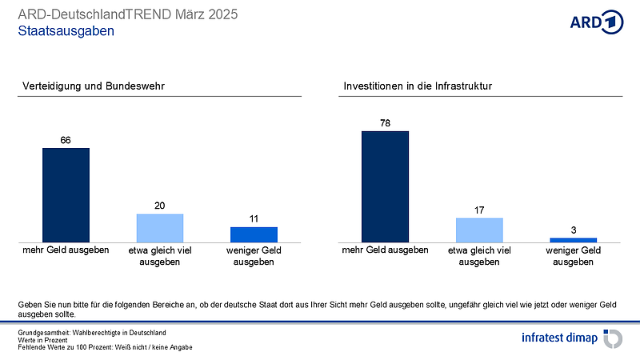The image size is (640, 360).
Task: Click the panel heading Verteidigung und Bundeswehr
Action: click(x=93, y=86)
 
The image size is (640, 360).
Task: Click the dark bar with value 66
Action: click(x=66, y=194)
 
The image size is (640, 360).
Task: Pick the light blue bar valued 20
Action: click(x=160, y=227)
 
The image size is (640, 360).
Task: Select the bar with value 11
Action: click(x=254, y=234)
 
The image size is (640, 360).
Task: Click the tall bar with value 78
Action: click(x=385, y=186)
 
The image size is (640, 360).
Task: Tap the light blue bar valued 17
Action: click(x=479, y=230)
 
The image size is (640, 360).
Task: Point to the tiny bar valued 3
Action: click(x=573, y=239)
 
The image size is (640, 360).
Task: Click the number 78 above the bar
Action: click(x=385, y=123)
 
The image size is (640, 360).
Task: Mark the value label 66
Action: click(x=66, y=140)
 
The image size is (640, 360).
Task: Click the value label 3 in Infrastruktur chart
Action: click(x=573, y=230)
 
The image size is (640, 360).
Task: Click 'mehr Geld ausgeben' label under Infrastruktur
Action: click(x=385, y=250)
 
